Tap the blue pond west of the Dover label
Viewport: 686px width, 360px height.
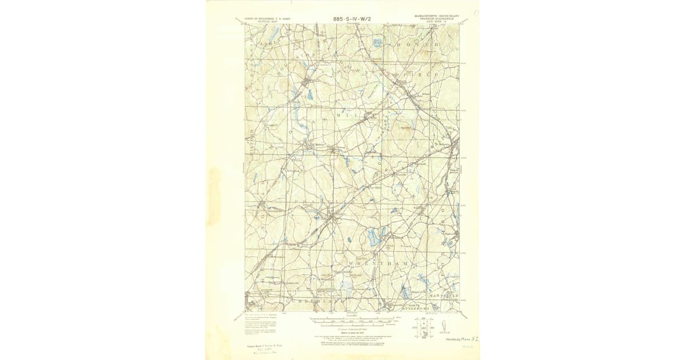coord(377,42)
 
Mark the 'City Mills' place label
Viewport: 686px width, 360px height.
coord(374,186)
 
